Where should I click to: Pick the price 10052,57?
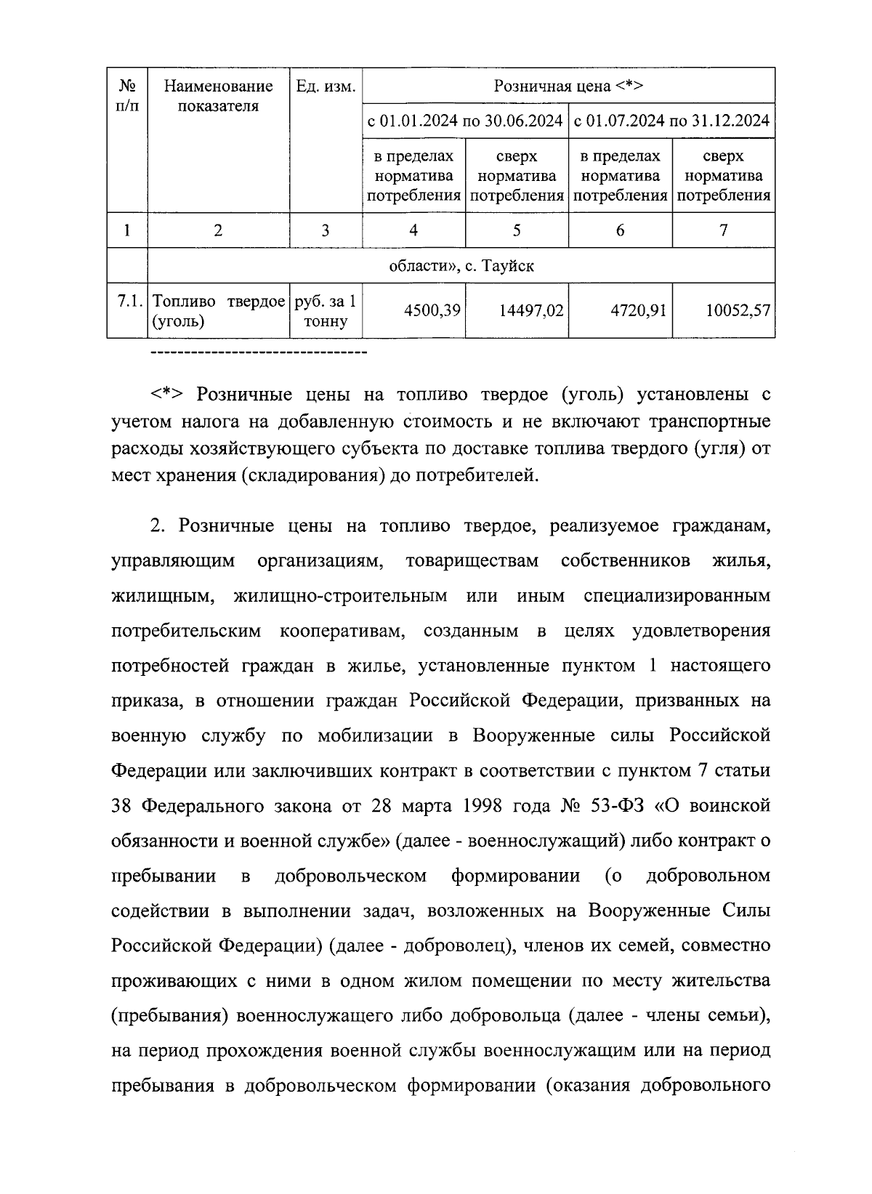[738, 310]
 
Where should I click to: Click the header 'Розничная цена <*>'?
[568, 86]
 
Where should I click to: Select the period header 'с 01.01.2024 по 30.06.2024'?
[465, 121]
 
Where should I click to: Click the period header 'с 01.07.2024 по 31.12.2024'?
[671, 121]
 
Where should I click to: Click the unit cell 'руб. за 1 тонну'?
[326, 311]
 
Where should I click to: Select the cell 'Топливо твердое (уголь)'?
[218, 311]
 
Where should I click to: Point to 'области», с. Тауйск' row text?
[461, 266]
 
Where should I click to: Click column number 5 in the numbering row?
[517, 230]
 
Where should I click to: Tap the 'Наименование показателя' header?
[218, 96]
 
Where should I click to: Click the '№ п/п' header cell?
[127, 96]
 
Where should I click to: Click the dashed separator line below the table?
[258, 353]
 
